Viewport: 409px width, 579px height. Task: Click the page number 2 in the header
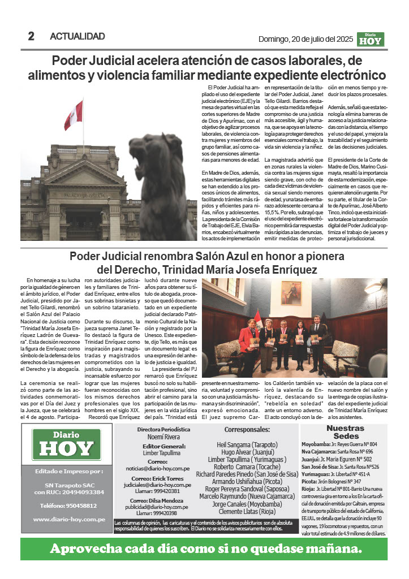pyautogui.click(x=31, y=37)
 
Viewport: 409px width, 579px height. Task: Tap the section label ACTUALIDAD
pyautogui.click(x=78, y=37)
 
